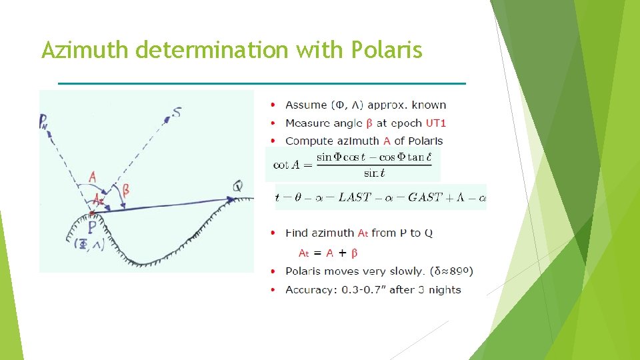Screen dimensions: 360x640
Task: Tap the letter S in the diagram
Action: [x=176, y=112]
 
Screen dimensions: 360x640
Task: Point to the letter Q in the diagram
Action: [x=237, y=186]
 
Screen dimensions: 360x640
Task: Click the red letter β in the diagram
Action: [x=125, y=190]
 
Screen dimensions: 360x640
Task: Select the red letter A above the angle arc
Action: [x=92, y=177]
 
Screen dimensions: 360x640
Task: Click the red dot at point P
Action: [x=91, y=213]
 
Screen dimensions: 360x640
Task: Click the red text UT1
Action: [x=436, y=123]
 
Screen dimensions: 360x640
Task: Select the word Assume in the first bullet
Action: [x=306, y=105]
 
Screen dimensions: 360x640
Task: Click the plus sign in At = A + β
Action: [x=342, y=253]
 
